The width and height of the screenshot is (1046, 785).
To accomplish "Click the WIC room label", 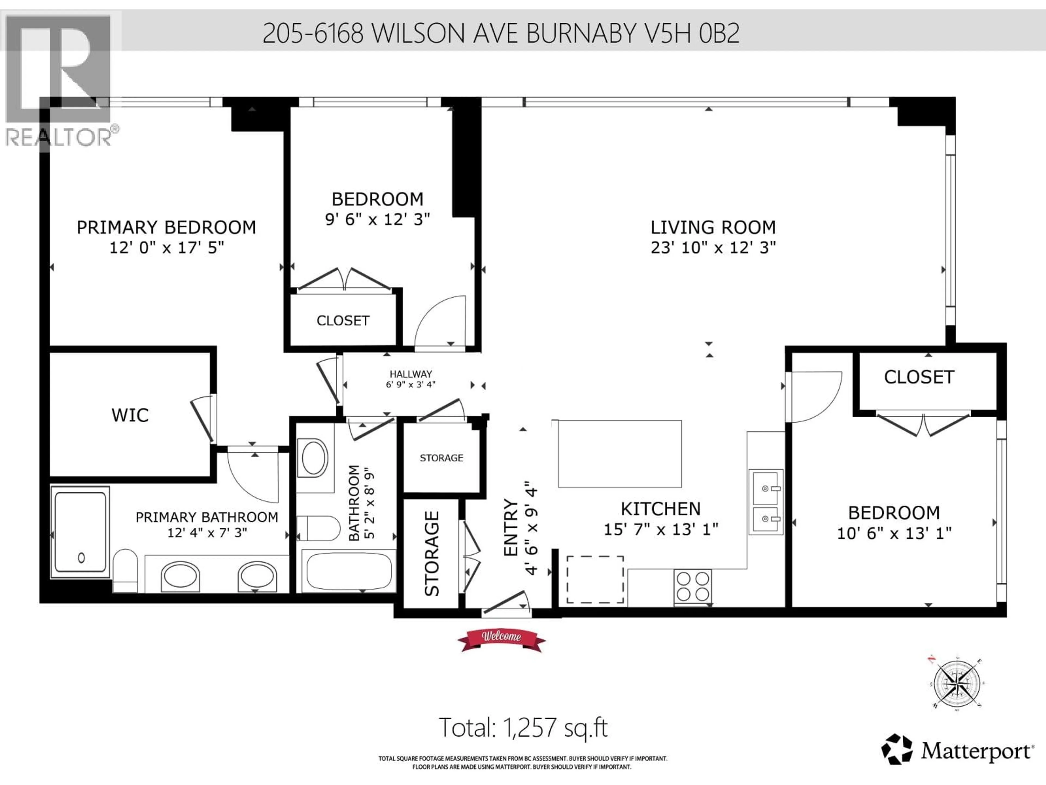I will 130,415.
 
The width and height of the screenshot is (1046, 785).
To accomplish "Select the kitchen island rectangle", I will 619,453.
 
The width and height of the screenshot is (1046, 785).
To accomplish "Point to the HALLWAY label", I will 411,374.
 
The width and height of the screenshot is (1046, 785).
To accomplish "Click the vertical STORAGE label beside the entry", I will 432,553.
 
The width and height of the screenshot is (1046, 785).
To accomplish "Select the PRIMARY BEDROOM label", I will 166,228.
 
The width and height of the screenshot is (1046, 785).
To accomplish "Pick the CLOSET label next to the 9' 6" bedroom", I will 343,321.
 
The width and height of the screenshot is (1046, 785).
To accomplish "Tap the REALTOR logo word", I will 59,138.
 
